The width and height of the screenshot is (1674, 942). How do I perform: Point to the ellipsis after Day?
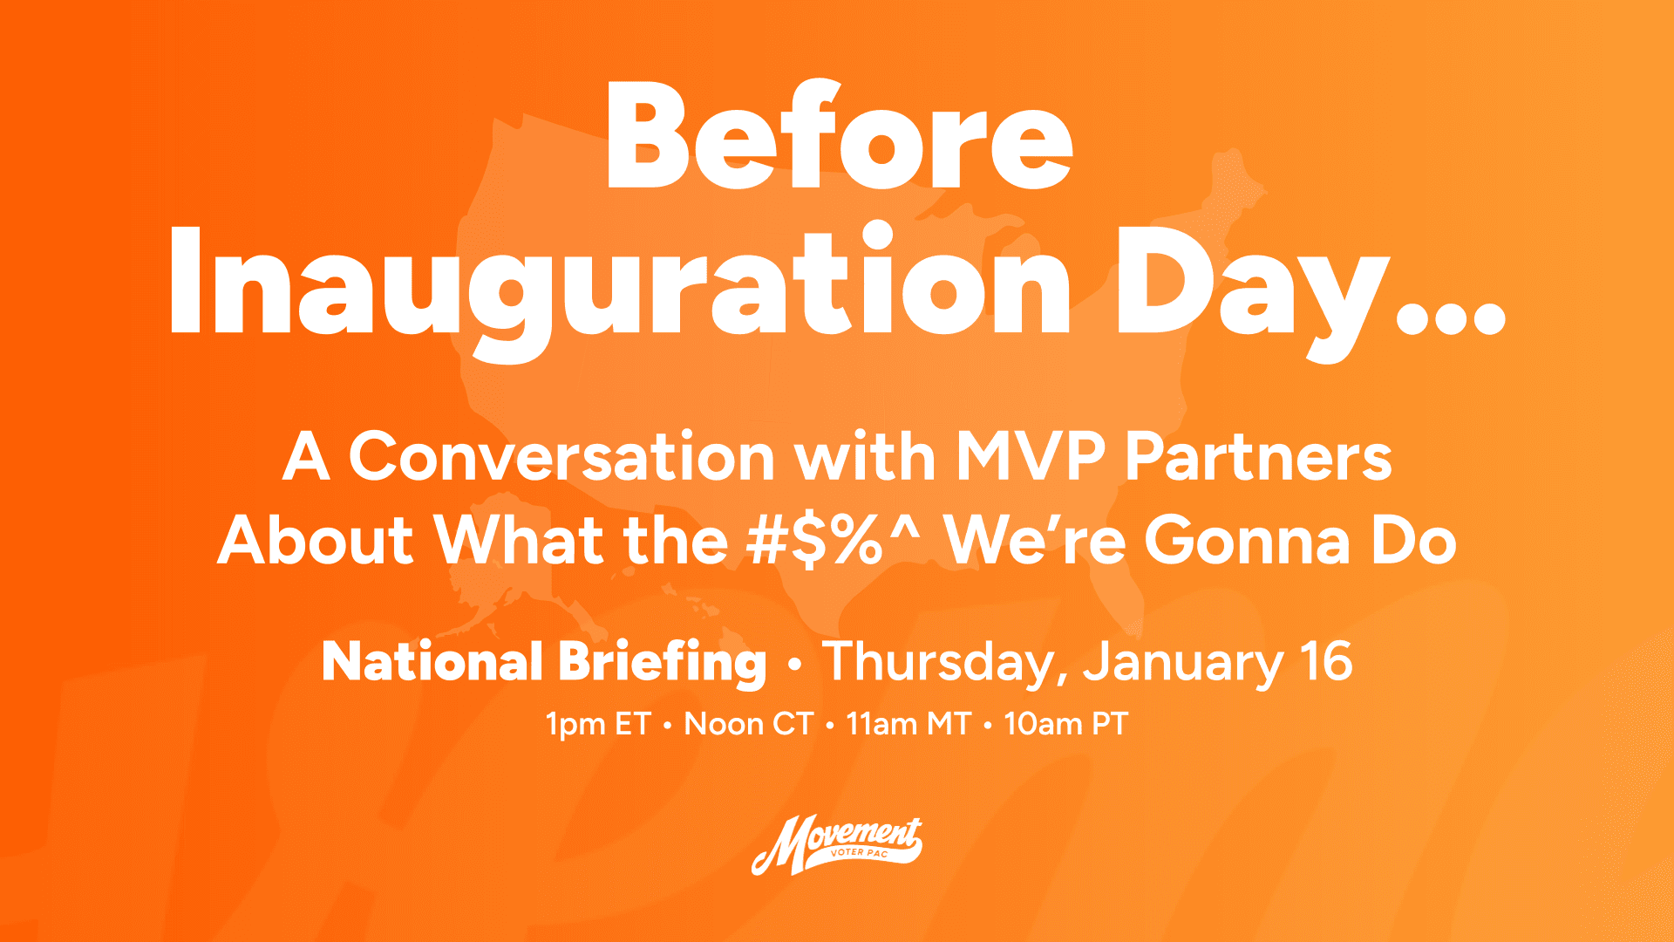tap(1451, 318)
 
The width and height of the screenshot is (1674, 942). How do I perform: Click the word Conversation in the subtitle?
tap(561, 457)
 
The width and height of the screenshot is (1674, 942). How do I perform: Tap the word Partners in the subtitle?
tap(1258, 457)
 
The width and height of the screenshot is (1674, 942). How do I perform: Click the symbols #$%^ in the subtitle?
tap(833, 539)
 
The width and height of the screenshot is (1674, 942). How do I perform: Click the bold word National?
tap(432, 662)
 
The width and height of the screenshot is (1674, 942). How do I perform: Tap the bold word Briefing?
tap(662, 664)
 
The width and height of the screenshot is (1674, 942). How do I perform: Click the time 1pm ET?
tap(598, 725)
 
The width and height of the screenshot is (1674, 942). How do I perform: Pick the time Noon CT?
tap(748, 724)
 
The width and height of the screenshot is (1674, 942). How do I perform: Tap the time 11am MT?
tap(908, 724)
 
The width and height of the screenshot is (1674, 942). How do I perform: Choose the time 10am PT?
tap(1065, 724)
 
